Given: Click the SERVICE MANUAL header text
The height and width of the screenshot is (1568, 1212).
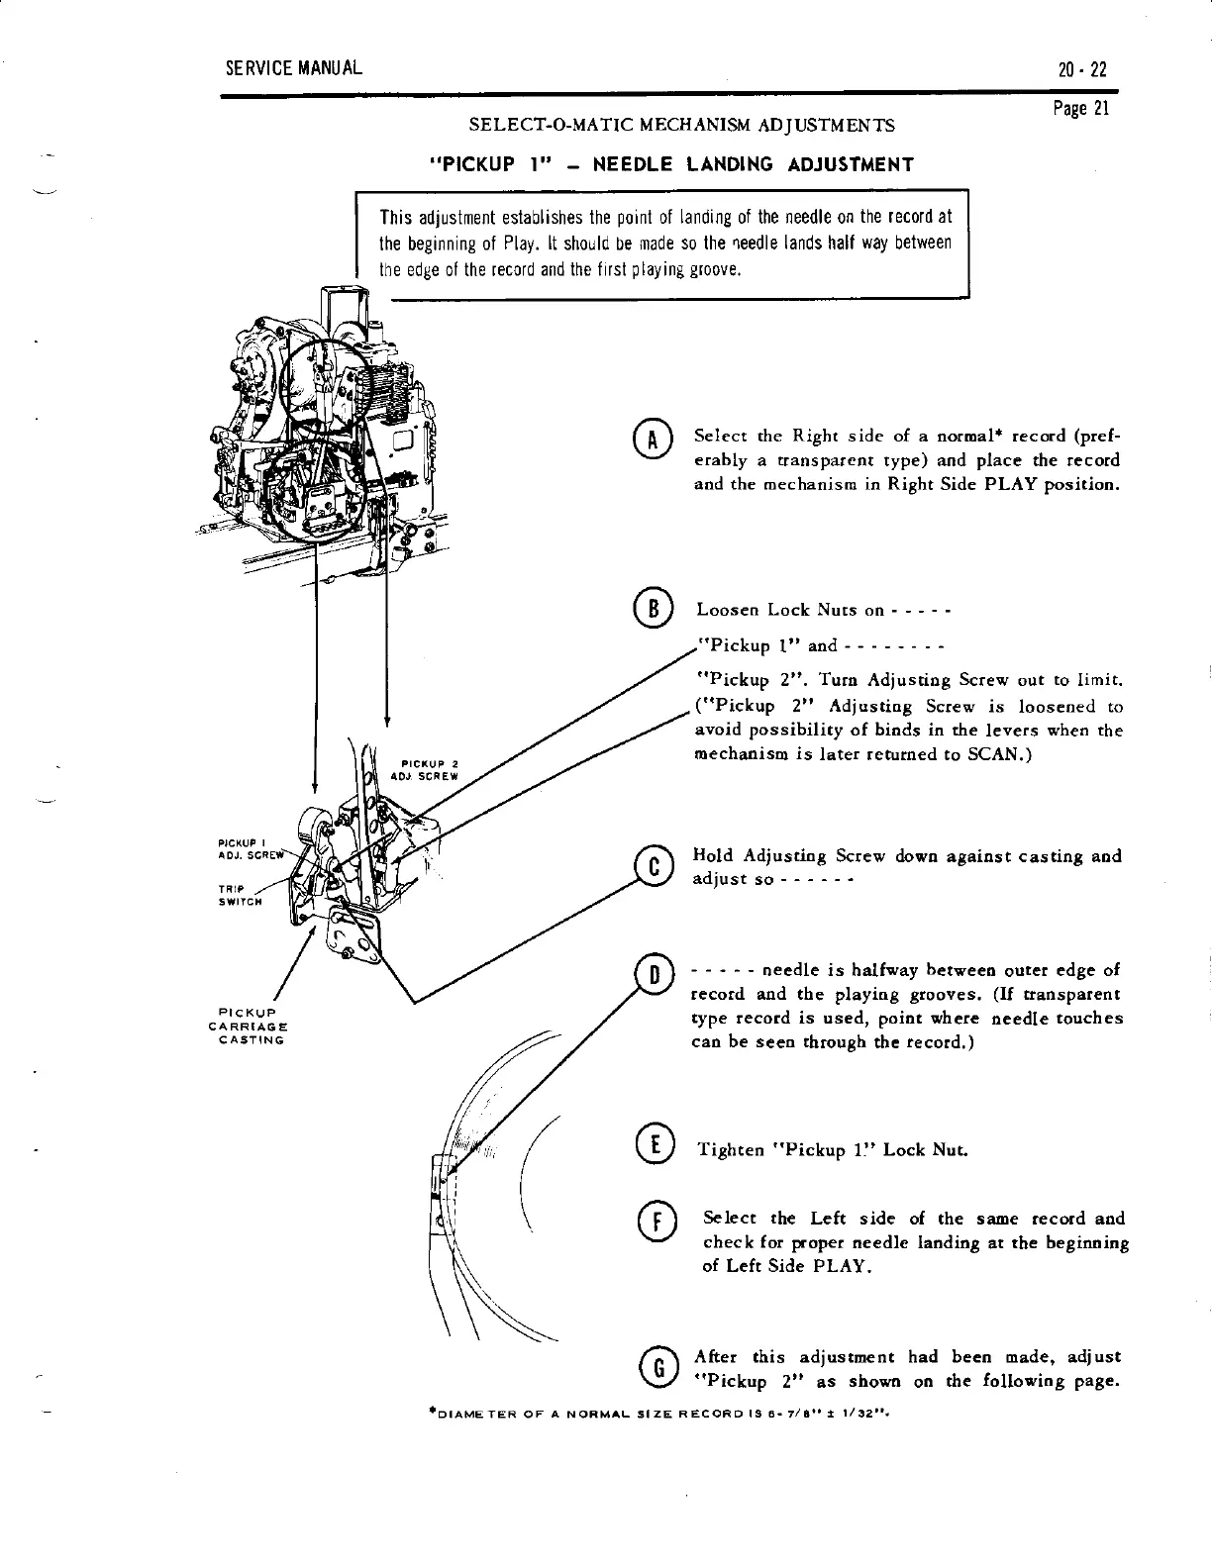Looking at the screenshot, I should tap(293, 68).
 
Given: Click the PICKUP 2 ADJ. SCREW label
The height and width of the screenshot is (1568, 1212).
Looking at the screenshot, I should tap(428, 769).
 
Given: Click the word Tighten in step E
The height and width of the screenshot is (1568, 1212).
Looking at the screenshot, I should tap(732, 1150).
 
